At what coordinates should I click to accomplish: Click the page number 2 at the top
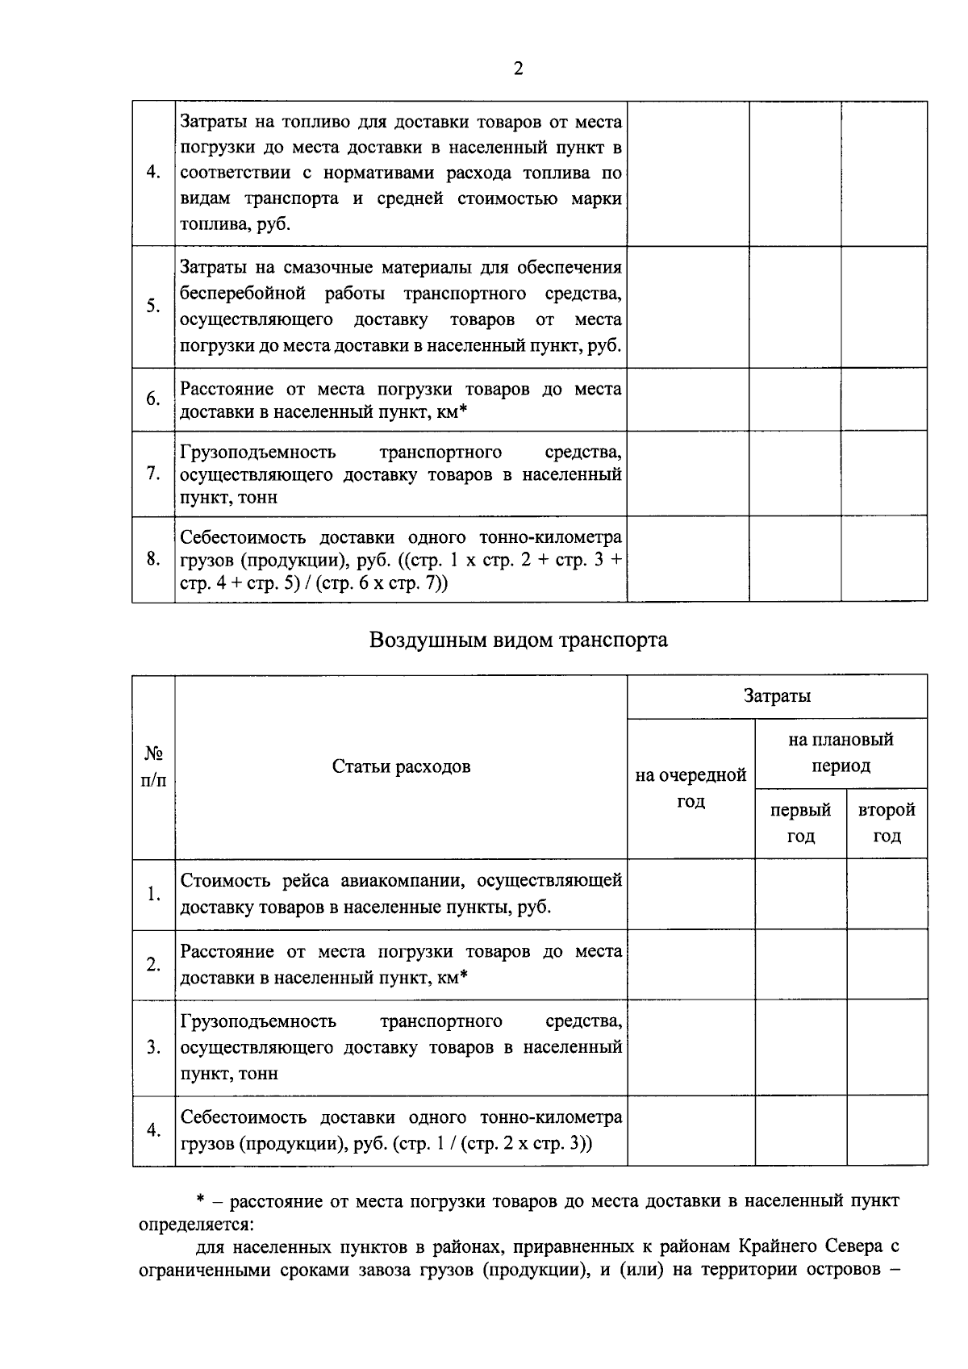(518, 69)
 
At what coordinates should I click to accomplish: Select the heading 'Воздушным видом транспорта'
(518, 641)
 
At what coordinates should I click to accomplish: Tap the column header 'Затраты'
(777, 696)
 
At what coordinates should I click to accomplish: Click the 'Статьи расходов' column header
(401, 766)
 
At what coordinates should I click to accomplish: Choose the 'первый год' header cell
(800, 823)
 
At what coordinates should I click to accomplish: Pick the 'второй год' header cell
(887, 823)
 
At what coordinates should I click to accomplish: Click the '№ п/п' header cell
(153, 766)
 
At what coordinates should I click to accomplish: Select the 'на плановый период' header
(841, 753)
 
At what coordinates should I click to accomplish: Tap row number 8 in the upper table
(153, 559)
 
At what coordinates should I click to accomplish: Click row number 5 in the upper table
(153, 307)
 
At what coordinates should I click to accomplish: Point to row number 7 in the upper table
(153, 474)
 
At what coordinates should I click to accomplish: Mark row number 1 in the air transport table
(153, 894)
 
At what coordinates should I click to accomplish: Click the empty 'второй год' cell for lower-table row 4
(887, 1130)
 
